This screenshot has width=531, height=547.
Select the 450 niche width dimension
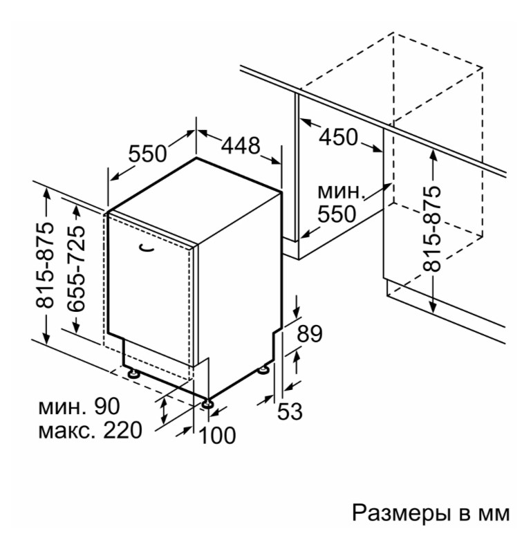[x=338, y=137]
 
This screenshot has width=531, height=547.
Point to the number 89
[x=310, y=333]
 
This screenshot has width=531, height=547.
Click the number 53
[x=290, y=411]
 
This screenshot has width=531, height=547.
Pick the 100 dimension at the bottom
[x=217, y=435]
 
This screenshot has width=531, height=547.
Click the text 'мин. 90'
[x=79, y=407]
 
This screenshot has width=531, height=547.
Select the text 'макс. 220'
[x=90, y=430]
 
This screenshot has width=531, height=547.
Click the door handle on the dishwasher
[x=146, y=248]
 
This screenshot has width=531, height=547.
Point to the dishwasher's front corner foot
[x=208, y=403]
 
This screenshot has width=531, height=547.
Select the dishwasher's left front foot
[x=133, y=373]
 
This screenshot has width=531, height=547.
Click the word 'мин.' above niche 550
[x=341, y=192]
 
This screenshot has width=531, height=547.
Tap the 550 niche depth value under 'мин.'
[x=337, y=214]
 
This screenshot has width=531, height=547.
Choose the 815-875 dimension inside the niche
[x=431, y=229]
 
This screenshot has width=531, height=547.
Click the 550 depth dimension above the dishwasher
[x=147, y=154]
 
